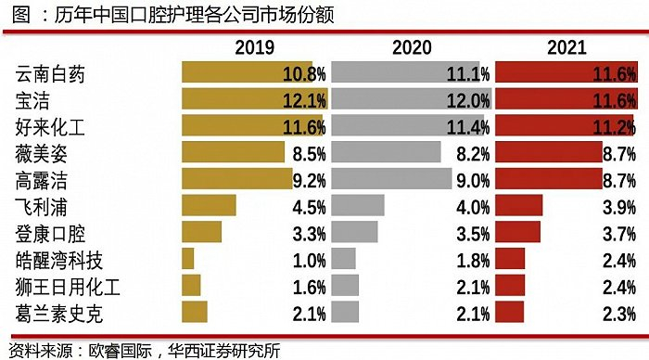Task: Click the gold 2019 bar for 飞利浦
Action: [x=209, y=205]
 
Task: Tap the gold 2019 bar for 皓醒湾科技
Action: [x=188, y=258]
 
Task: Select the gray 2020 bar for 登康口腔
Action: [x=354, y=232]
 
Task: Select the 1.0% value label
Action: [x=307, y=258]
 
